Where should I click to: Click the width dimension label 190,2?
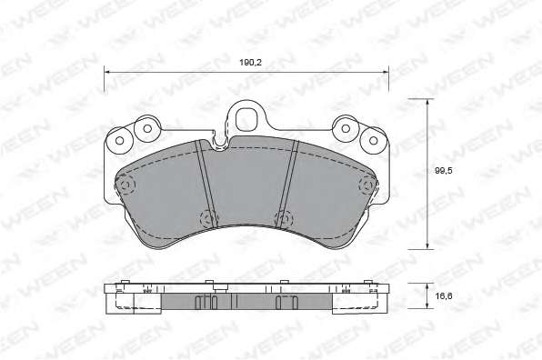tap(251, 63)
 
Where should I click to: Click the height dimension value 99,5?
tap(444, 171)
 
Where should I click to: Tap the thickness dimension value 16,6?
tap(444, 296)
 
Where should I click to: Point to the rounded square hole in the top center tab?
tap(247, 120)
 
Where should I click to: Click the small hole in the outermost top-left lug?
tap(120, 141)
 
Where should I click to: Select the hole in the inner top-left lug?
tap(147, 128)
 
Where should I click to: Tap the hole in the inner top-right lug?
tap(346, 128)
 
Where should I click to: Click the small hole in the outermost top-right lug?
tap(374, 141)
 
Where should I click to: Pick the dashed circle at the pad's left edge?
tap(125, 185)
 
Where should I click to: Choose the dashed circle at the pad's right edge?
tap(367, 185)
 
